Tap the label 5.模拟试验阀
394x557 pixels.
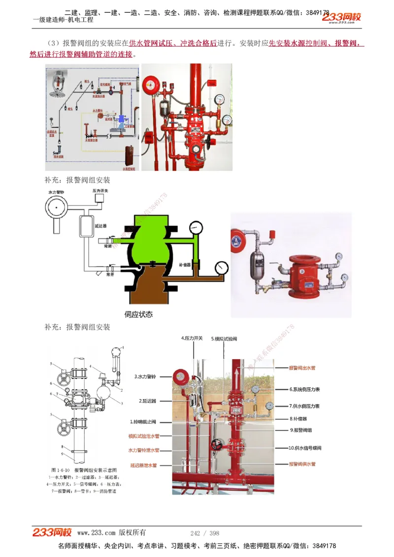coord(224,339)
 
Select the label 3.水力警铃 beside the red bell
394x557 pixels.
coord(145,377)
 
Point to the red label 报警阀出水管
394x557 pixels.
coord(302,368)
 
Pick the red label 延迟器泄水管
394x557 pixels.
coord(143,465)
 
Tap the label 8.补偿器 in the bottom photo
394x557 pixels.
coord(298,419)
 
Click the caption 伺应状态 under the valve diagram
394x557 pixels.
coord(139,314)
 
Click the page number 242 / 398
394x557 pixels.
coord(204,533)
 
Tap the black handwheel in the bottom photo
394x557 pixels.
coord(216,445)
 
